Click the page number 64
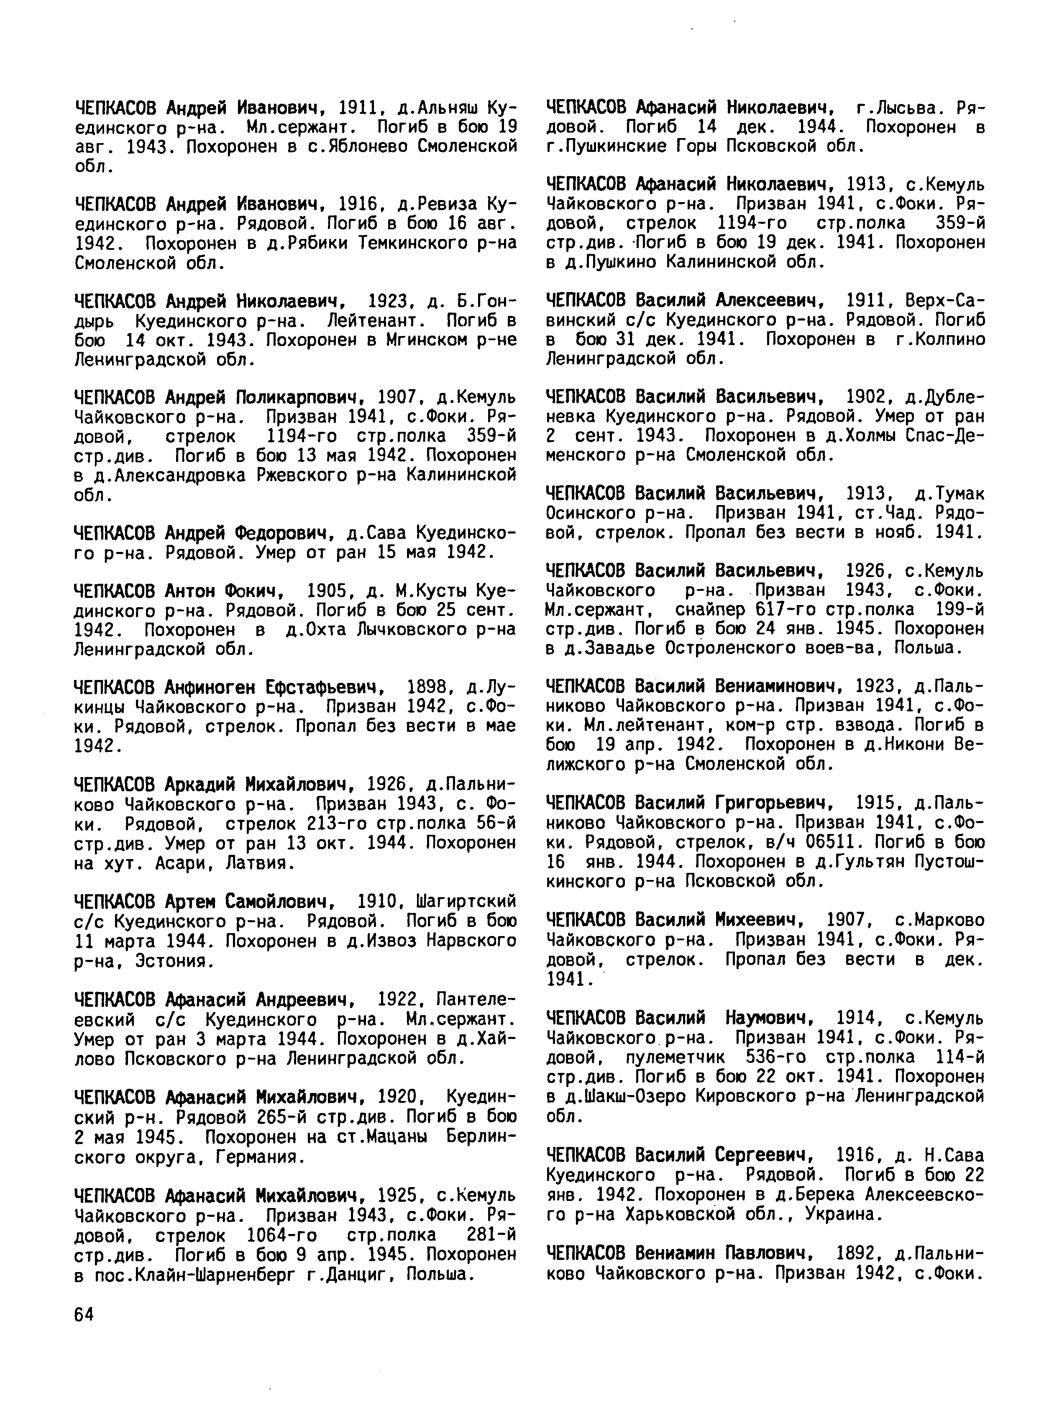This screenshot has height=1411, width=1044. (84, 1314)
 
